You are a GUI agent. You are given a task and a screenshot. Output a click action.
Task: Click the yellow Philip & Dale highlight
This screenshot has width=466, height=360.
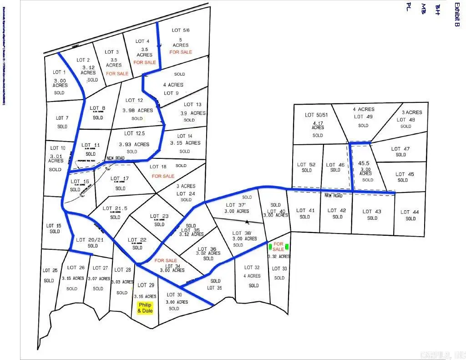145,308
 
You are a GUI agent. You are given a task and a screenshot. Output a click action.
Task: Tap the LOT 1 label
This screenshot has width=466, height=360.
60,72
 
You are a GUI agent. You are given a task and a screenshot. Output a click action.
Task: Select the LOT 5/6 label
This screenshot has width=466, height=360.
181,30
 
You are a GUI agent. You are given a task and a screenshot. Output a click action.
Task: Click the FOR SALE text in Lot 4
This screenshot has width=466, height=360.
145,62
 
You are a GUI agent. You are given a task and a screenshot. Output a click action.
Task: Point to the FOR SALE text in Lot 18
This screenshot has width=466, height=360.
163,176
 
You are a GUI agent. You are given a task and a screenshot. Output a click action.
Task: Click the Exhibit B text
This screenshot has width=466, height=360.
456,15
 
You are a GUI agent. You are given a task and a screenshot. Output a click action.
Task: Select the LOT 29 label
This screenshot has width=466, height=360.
146,285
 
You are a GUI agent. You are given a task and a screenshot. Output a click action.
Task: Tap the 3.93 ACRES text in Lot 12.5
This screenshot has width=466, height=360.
134,144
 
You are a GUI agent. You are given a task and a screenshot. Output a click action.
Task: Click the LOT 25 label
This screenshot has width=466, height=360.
50,270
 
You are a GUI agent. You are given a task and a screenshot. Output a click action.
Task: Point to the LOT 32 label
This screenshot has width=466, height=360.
252,268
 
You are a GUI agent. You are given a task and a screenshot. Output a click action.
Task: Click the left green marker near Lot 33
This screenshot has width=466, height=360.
270,247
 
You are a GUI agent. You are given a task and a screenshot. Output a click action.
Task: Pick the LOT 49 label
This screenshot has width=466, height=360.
363,117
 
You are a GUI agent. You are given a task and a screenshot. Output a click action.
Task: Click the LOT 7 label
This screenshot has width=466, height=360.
62,118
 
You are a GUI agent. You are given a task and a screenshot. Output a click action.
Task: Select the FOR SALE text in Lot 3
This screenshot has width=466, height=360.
117,74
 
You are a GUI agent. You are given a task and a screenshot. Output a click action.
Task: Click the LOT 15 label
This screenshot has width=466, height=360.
54,226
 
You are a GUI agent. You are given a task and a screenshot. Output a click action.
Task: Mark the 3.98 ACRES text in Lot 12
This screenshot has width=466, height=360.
137,110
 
